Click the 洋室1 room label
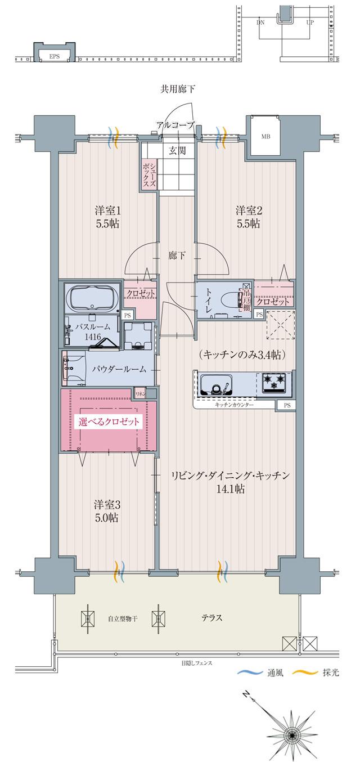pyautogui.click(x=107, y=211)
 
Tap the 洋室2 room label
pyautogui.click(x=247, y=211)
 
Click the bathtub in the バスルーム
pyautogui.click(x=92, y=296)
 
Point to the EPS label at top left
pyautogui.click(x=54, y=56)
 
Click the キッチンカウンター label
pyautogui.click(x=234, y=405)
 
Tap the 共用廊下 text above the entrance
pyautogui.click(x=178, y=89)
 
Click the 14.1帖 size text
pyautogui.click(x=231, y=489)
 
